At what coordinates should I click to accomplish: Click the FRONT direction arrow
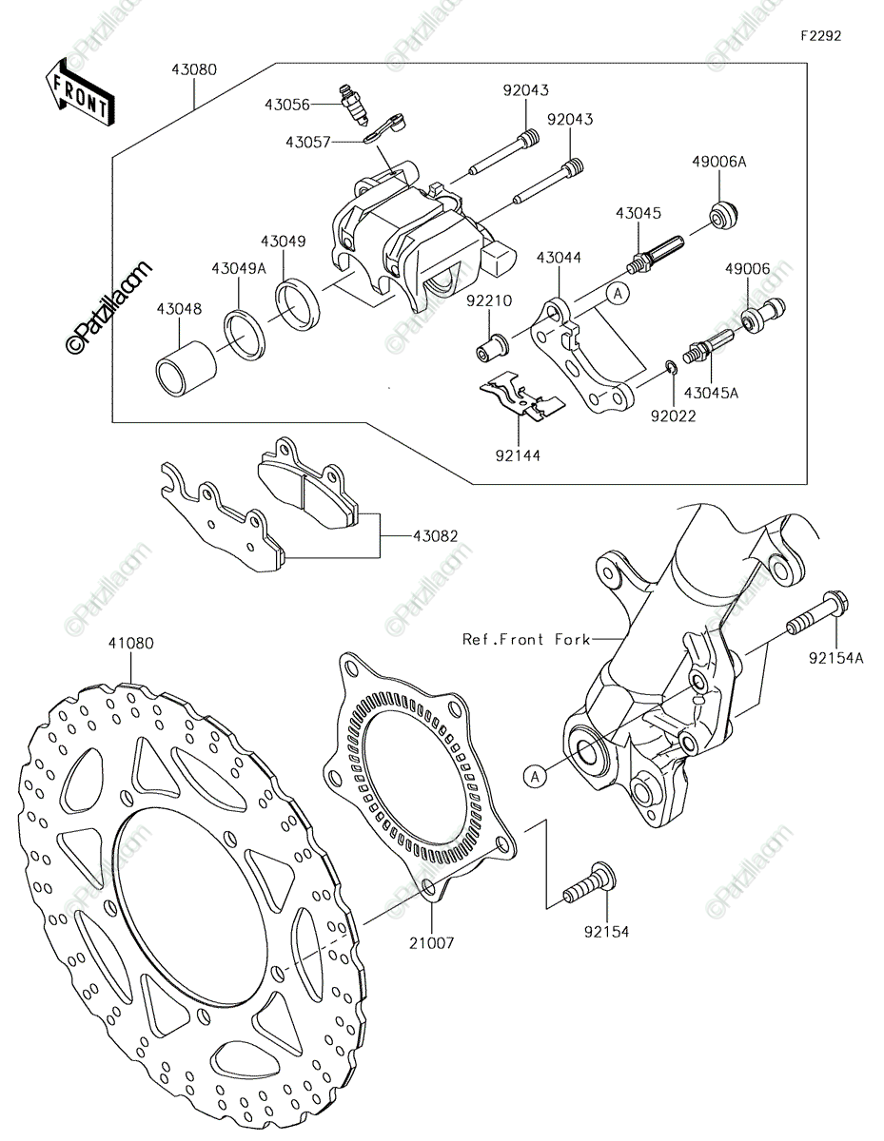[x=80, y=92]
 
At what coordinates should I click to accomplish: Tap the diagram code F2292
[x=820, y=35]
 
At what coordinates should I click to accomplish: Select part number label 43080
[x=194, y=69]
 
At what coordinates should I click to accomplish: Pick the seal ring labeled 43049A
[x=245, y=336]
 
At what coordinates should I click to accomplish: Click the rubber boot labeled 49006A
[x=724, y=215]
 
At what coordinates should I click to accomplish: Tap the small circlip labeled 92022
[x=671, y=368]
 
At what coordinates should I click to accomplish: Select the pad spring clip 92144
[x=521, y=396]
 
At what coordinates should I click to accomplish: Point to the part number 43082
[x=436, y=536]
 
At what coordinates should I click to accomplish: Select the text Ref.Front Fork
[x=526, y=639]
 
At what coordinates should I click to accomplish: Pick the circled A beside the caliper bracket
[x=619, y=294]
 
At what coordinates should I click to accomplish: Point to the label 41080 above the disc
[x=131, y=643]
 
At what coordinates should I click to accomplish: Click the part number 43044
[x=559, y=258]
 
